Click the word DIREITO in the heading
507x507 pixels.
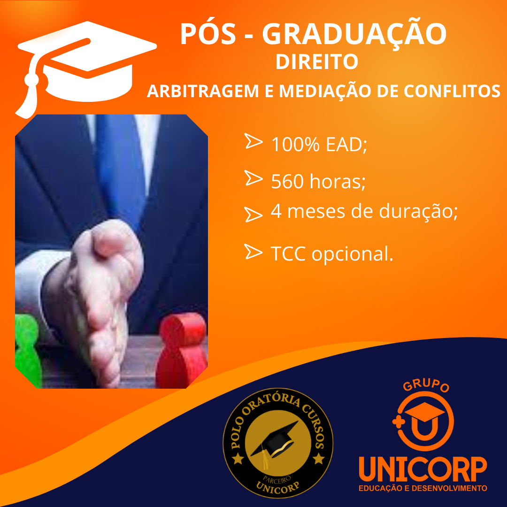(316, 61)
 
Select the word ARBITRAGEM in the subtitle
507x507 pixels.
(203, 91)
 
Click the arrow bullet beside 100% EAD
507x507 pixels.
(253, 141)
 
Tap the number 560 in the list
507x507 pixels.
(287, 181)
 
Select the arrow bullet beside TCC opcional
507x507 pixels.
(253, 252)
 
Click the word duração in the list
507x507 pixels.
(418, 212)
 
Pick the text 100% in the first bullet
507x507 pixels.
(295, 144)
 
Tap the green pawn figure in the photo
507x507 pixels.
(28, 351)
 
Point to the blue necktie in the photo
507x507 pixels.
(121, 168)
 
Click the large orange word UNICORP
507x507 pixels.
(423, 469)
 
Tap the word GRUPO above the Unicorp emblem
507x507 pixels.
(426, 385)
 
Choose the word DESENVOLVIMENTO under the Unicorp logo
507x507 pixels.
(449, 488)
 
